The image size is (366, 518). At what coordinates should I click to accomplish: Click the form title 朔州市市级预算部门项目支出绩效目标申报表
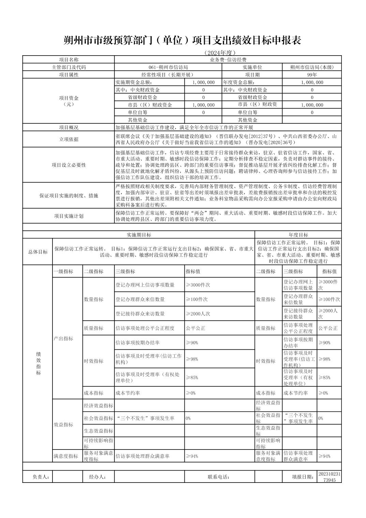coord(183,41)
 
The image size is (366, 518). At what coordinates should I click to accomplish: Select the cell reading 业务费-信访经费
coord(228,60)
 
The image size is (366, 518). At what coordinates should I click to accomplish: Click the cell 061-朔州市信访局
coord(168,67)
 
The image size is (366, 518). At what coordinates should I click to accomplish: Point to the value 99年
coord(312,75)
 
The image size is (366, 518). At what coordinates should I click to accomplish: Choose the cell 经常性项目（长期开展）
coord(168,75)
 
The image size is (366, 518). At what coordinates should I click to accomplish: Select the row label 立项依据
coord(68,139)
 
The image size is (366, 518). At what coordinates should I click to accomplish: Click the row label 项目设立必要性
coord(68,165)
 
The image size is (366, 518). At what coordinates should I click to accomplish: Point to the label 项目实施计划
coord(68,216)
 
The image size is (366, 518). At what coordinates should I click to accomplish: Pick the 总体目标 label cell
coord(37,252)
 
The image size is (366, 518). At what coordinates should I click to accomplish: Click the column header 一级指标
coord(63,271)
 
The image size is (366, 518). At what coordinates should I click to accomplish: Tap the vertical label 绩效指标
coord(38,364)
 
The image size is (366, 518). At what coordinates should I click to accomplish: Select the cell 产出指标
coord(63,338)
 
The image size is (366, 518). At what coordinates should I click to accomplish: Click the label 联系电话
coord(218,477)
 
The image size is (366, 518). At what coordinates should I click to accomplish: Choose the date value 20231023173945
coord(329,477)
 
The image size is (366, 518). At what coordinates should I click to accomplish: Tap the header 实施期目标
coord(139,235)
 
